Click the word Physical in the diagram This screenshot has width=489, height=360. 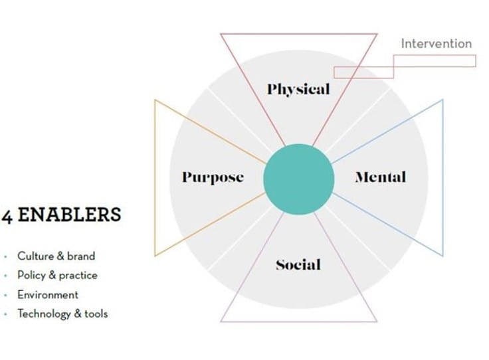click(298, 89)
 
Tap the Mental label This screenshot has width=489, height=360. click(380, 177)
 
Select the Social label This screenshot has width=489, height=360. click(298, 265)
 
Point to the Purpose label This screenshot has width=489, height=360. click(213, 177)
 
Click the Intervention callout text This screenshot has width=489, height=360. click(436, 44)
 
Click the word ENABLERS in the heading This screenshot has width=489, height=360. click(69, 215)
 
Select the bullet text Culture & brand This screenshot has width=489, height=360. click(56, 256)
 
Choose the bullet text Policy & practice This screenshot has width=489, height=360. click(57, 275)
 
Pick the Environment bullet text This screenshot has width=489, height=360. click(48, 294)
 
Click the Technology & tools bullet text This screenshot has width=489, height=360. click(62, 314)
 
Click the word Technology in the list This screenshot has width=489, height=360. click(44, 314)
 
